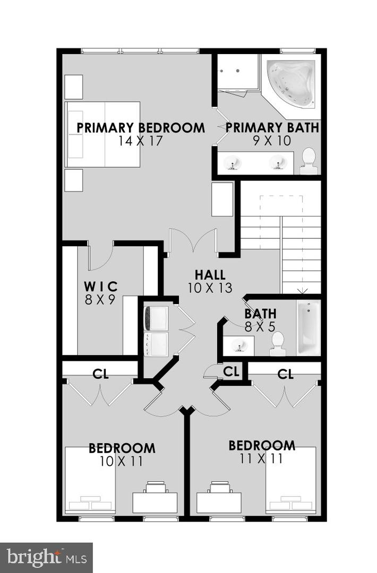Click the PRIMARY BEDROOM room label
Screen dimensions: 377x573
(141, 128)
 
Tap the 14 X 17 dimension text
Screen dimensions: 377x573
(140, 141)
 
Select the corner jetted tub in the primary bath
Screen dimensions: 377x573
(292, 84)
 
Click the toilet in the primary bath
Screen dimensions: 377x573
(309, 161)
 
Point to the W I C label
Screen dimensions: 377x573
(100, 286)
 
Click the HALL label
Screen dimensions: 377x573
(210, 275)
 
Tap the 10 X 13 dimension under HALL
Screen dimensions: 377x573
(210, 288)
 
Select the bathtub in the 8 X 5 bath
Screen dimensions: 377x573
(309, 327)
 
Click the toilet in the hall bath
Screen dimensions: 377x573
(278, 344)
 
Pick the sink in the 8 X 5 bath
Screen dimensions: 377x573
(238, 345)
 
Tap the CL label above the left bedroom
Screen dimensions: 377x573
(100, 374)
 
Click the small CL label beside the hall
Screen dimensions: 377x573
(231, 371)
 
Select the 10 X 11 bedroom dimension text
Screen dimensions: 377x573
(122, 461)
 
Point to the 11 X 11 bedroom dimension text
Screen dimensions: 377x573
(261, 458)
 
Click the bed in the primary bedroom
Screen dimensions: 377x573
(102, 134)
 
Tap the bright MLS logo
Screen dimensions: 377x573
(46, 558)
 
